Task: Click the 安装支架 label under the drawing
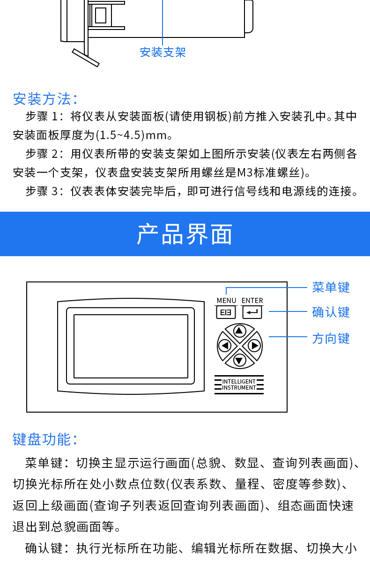tap(163, 52)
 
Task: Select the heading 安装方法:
tap(45, 99)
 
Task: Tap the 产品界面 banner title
tap(185, 234)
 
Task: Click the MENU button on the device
tap(226, 312)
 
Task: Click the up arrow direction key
tap(240, 331)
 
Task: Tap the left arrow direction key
tap(225, 346)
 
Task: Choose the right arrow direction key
tap(254, 346)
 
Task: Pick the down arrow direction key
tap(240, 361)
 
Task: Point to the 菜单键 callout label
tap(331, 287)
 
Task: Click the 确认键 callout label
tap(331, 312)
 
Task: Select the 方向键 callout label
tap(331, 338)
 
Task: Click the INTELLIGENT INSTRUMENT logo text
tap(239, 385)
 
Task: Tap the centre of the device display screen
tap(131, 346)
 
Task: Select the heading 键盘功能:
tap(45, 439)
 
